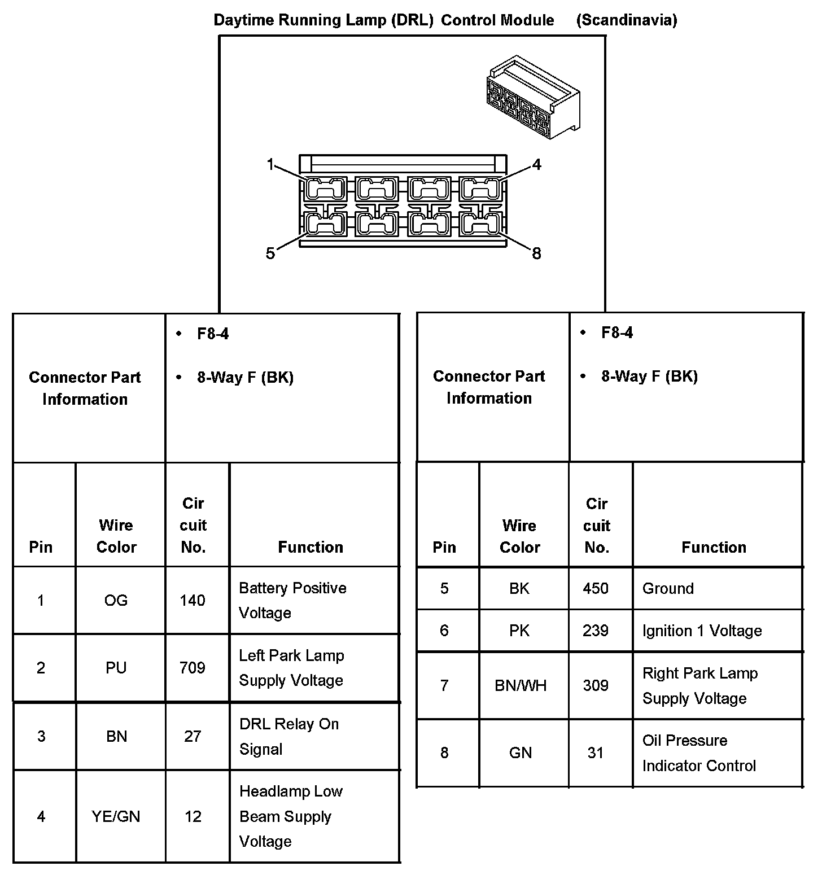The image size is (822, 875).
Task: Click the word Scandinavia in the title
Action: click(627, 20)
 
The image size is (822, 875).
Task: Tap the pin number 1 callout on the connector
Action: click(270, 164)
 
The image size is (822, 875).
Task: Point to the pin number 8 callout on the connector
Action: click(536, 253)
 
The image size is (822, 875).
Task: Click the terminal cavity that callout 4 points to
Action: click(480, 189)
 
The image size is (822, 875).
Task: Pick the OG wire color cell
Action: click(116, 600)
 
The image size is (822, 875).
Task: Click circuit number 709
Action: click(193, 668)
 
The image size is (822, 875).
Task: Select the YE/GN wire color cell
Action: click(116, 816)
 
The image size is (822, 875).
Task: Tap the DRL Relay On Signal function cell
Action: click(289, 736)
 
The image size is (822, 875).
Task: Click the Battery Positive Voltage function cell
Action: click(292, 600)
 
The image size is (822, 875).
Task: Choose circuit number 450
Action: click(596, 588)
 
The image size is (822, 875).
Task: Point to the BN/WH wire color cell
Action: click(521, 685)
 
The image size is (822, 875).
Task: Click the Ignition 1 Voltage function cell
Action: click(702, 631)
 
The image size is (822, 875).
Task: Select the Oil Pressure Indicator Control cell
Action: click(699, 753)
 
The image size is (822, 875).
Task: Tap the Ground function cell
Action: click(668, 588)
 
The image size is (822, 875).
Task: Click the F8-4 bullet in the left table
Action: click(213, 334)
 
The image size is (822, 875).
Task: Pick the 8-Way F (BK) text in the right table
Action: click(649, 377)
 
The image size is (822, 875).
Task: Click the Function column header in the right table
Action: click(714, 547)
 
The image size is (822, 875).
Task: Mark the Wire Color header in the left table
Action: click(116, 536)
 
